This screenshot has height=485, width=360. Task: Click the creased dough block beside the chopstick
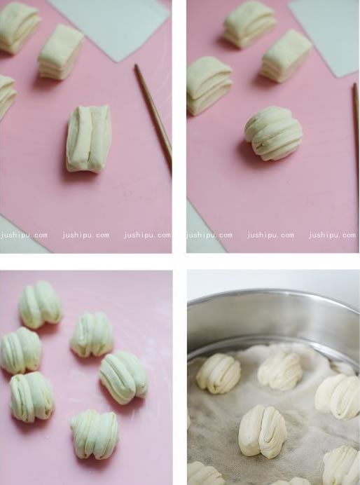[x=88, y=138]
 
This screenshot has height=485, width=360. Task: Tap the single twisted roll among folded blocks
[x=273, y=133]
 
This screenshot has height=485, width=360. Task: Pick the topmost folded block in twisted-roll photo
[x=250, y=24]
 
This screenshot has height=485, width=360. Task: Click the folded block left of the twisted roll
[x=209, y=84]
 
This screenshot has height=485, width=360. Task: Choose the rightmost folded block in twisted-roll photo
[x=286, y=55]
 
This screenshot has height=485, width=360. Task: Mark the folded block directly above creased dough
[x=60, y=51]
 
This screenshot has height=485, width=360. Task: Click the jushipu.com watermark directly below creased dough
[x=85, y=235]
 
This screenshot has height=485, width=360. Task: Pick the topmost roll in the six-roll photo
[x=40, y=304]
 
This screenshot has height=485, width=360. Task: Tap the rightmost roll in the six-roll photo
[x=123, y=376]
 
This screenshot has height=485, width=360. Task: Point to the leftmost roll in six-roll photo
[x=20, y=350]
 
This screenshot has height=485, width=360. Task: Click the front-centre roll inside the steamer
[x=263, y=430]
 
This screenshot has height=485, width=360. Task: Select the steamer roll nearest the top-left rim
[x=218, y=373]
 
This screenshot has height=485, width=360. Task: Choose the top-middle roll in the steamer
[x=279, y=369]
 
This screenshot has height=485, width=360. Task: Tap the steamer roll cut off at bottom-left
[x=205, y=474]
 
